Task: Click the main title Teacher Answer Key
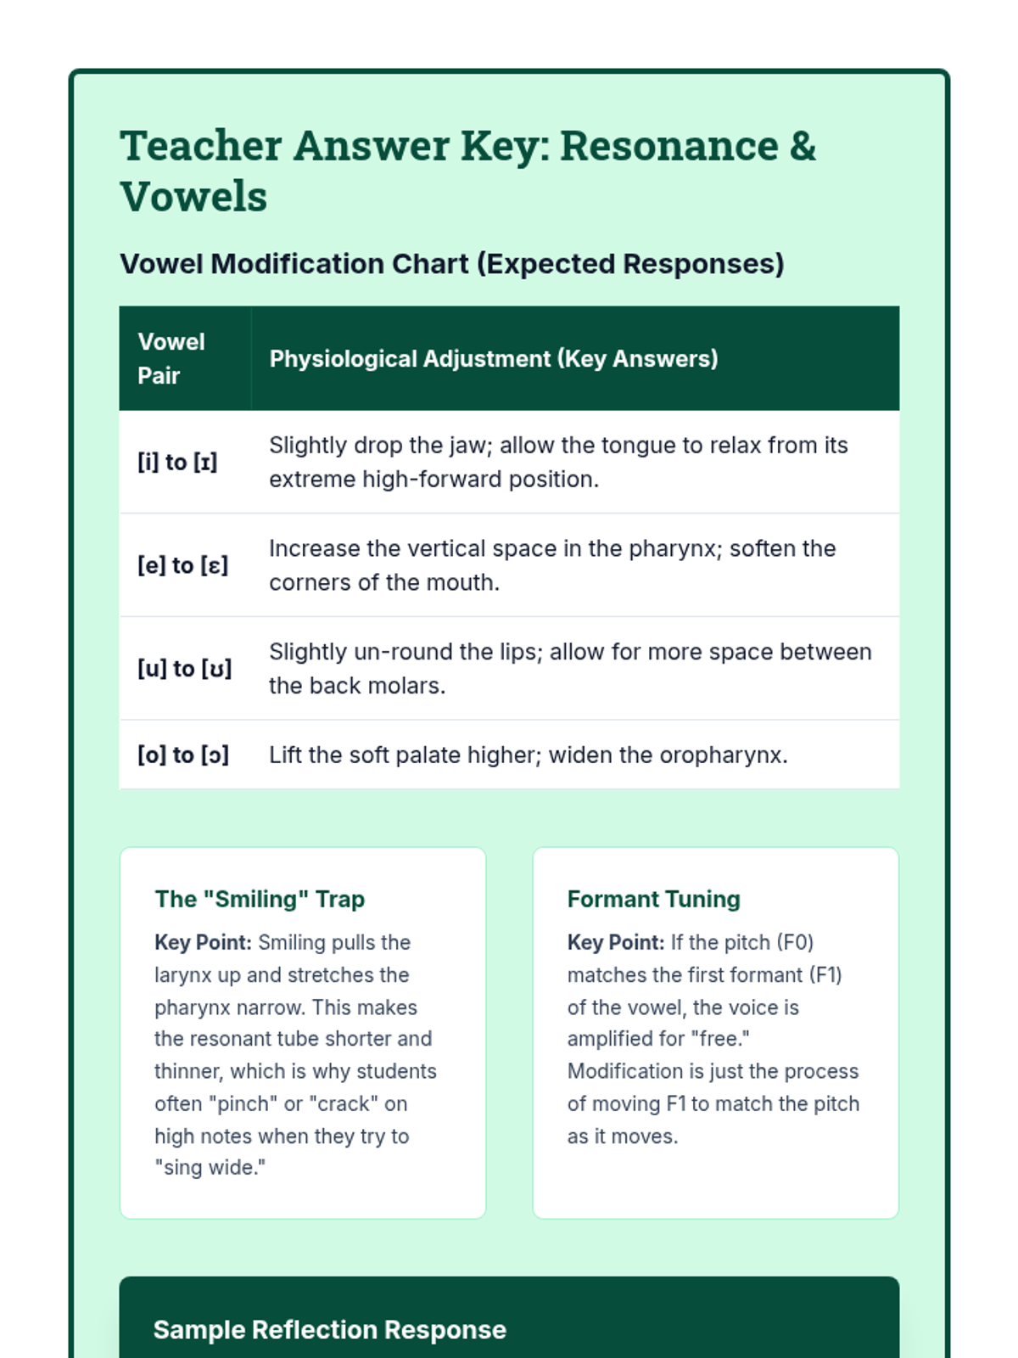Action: [x=467, y=170]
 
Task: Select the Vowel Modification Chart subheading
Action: [x=451, y=264]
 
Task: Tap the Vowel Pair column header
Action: [x=171, y=358]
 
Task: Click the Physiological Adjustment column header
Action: [x=493, y=359]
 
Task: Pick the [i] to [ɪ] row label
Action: [x=177, y=463]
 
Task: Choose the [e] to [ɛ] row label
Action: [x=182, y=565]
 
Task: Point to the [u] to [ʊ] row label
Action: [x=184, y=669]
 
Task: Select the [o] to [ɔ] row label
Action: [x=183, y=755]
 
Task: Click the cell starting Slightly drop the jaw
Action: [x=557, y=463]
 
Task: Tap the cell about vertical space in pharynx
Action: [x=551, y=565]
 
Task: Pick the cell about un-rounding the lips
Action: [x=569, y=669]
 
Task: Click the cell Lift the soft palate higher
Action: [x=528, y=755]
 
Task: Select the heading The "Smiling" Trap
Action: [x=260, y=899]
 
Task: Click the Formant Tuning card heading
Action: [x=653, y=899]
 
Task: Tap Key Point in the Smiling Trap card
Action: [x=203, y=943]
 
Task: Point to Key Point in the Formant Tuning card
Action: [x=616, y=943]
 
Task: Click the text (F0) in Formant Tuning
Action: [x=795, y=943]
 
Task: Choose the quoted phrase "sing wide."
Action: [x=210, y=1168]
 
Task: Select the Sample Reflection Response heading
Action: [x=329, y=1330]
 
